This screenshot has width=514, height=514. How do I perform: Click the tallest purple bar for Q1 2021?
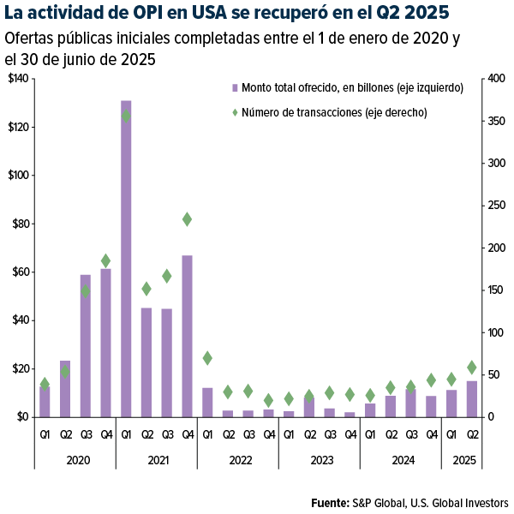pos(126,257)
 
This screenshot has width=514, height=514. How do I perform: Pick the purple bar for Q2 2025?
pos(472,399)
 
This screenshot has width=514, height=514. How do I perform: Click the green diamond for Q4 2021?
pos(187,219)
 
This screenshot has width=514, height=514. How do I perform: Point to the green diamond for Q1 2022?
pos(207,357)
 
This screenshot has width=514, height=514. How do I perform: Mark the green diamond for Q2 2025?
pos(472,368)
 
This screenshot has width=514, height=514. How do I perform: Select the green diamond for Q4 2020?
pos(106,260)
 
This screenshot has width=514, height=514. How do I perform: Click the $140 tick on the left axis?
pos(17,79)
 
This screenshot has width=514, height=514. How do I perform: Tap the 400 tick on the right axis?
pos(493,79)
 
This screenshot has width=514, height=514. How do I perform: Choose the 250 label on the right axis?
pos(493,206)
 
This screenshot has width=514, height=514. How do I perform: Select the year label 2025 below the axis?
pos(463,461)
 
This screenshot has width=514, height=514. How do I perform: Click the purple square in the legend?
pos(234,88)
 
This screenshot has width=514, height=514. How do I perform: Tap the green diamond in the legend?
pos(234,111)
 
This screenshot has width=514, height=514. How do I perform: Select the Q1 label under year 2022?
pos(207,434)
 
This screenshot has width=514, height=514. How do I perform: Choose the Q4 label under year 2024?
pos(432,434)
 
